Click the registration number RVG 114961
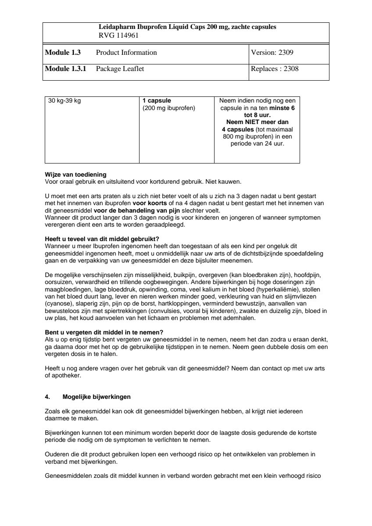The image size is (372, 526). coord(118,36)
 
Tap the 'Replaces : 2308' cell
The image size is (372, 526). coord(275,69)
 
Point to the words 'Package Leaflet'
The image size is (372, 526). coord(120,69)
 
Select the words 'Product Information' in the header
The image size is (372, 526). coord(126,53)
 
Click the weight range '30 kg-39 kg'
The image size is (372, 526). coord(64,100)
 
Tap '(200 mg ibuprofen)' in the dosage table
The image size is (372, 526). coord(169,107)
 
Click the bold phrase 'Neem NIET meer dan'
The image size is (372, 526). coord(257,122)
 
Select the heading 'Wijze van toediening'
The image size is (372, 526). coord(75,174)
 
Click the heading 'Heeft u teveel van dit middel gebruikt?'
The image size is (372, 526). coord(102,239)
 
